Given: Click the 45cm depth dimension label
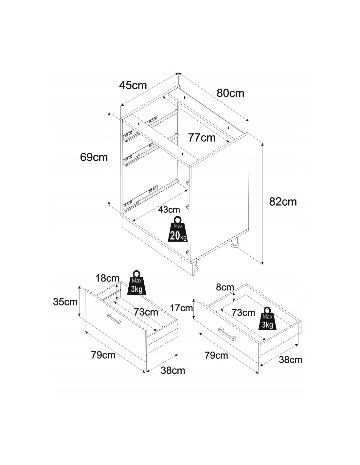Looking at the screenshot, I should [133, 85].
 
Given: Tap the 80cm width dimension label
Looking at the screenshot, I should [230, 93].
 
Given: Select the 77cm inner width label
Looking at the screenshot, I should [202, 138].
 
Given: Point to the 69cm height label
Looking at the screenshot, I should [94, 157].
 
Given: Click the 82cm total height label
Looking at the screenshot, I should [283, 202].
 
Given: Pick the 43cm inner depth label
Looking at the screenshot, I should [169, 210].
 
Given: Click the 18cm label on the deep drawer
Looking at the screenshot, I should [107, 278].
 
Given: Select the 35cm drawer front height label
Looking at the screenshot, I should [65, 301].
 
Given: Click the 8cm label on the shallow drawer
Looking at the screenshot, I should [225, 287].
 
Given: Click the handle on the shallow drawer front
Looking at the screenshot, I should [228, 334].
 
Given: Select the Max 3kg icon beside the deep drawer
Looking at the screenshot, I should [137, 283].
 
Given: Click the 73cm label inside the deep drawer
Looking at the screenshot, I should [146, 312].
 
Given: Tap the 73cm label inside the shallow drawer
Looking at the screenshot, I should [243, 312].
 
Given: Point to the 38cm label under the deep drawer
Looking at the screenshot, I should [173, 370].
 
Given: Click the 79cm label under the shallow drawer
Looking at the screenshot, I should [216, 355].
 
